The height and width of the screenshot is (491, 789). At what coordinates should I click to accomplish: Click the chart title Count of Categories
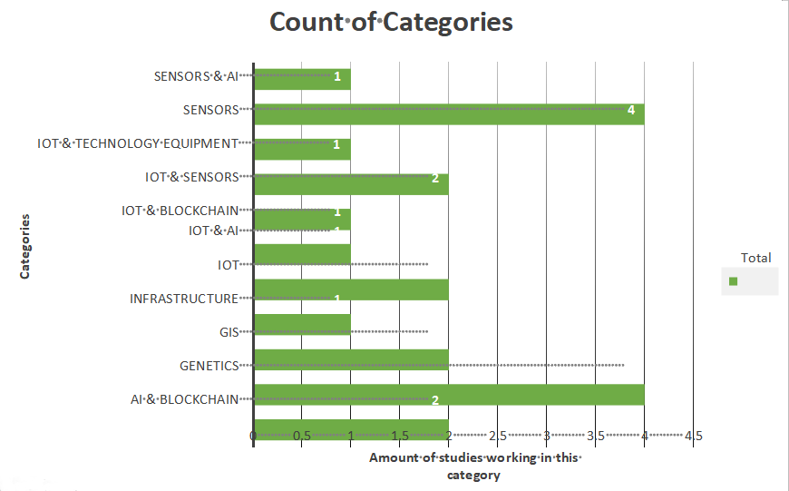[x=392, y=22]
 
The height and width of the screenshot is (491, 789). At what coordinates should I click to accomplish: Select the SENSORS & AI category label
[x=196, y=76]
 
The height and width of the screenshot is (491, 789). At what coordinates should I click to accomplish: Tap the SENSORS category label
[x=210, y=110]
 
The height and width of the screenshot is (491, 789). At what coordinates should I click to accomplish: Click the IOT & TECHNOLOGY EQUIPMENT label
[x=138, y=143]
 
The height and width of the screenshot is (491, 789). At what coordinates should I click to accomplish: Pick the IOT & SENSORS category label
[x=191, y=177]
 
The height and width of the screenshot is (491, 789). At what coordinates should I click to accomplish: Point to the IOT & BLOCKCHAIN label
[x=180, y=211]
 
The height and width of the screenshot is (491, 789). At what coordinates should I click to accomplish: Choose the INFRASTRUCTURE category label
[x=183, y=299]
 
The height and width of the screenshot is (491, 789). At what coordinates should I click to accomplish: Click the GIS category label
[x=229, y=332]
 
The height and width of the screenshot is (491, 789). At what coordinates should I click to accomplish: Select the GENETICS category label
[x=209, y=366]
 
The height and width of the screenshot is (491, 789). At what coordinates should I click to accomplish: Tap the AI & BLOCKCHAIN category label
[x=184, y=399]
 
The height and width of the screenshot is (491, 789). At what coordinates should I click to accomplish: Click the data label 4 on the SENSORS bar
[x=630, y=110]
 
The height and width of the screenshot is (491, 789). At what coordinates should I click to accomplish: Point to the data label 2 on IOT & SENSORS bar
[x=434, y=178]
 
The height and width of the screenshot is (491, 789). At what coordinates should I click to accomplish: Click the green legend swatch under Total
[x=733, y=281]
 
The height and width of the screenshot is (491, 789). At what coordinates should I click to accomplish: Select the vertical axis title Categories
[x=25, y=246]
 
